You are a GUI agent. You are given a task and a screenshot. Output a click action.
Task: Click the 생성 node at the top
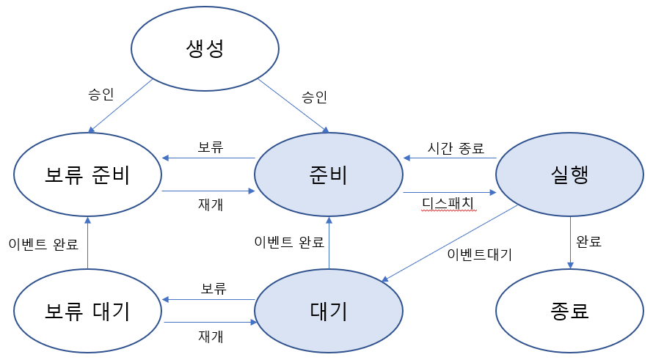(205, 49)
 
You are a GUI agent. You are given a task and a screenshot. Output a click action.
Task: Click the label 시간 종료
(456, 148)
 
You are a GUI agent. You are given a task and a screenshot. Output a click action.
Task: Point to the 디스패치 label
(448, 202)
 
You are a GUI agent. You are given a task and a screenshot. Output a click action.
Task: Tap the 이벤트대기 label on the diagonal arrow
(480, 254)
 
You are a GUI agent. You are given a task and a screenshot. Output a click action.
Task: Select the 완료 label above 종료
(588, 241)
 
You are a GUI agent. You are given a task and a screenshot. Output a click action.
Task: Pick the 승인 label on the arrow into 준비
(314, 96)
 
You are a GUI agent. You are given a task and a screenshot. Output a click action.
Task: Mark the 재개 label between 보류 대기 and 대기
(211, 337)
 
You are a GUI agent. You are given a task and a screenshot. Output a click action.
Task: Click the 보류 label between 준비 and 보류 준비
(211, 147)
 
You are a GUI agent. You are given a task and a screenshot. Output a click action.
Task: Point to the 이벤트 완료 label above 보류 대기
(43, 244)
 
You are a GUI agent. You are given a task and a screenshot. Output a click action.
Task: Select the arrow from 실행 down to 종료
(570, 242)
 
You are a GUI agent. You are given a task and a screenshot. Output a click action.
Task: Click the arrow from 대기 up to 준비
(329, 242)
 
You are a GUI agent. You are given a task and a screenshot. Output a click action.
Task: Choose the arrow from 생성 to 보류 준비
(121, 105)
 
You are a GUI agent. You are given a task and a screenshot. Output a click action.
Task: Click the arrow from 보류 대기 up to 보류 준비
(87, 242)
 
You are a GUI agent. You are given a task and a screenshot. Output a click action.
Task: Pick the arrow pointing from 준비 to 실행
(450, 193)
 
